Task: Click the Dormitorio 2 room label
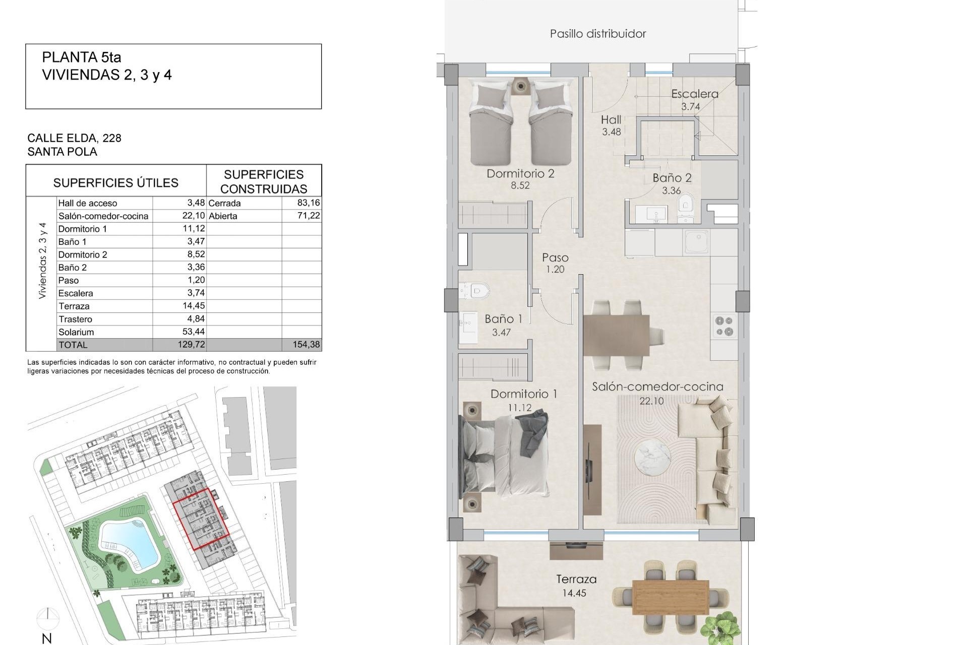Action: click(x=520, y=174)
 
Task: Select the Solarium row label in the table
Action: click(x=76, y=332)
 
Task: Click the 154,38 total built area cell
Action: click(x=306, y=345)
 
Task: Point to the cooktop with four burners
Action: click(x=724, y=326)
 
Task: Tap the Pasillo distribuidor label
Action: click(x=598, y=34)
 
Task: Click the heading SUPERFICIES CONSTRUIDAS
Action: click(x=264, y=181)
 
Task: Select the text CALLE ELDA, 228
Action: click(x=75, y=138)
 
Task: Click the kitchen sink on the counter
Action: click(x=697, y=241)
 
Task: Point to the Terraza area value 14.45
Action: click(x=574, y=593)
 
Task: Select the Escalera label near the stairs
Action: click(x=694, y=94)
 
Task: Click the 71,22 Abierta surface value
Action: click(x=309, y=216)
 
